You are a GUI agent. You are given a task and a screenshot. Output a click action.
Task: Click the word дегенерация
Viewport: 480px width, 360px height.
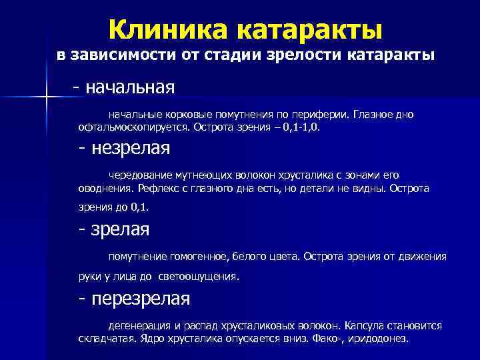pyautogui.click(x=139, y=326)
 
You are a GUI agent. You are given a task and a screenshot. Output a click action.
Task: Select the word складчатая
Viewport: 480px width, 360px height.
pyautogui.click(x=106, y=338)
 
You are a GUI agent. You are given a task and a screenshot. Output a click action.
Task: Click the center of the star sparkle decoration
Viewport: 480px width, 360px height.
pyautogui.click(x=46, y=99)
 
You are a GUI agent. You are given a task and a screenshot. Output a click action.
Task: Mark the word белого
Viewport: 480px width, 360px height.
pyautogui.click(x=245, y=256)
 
